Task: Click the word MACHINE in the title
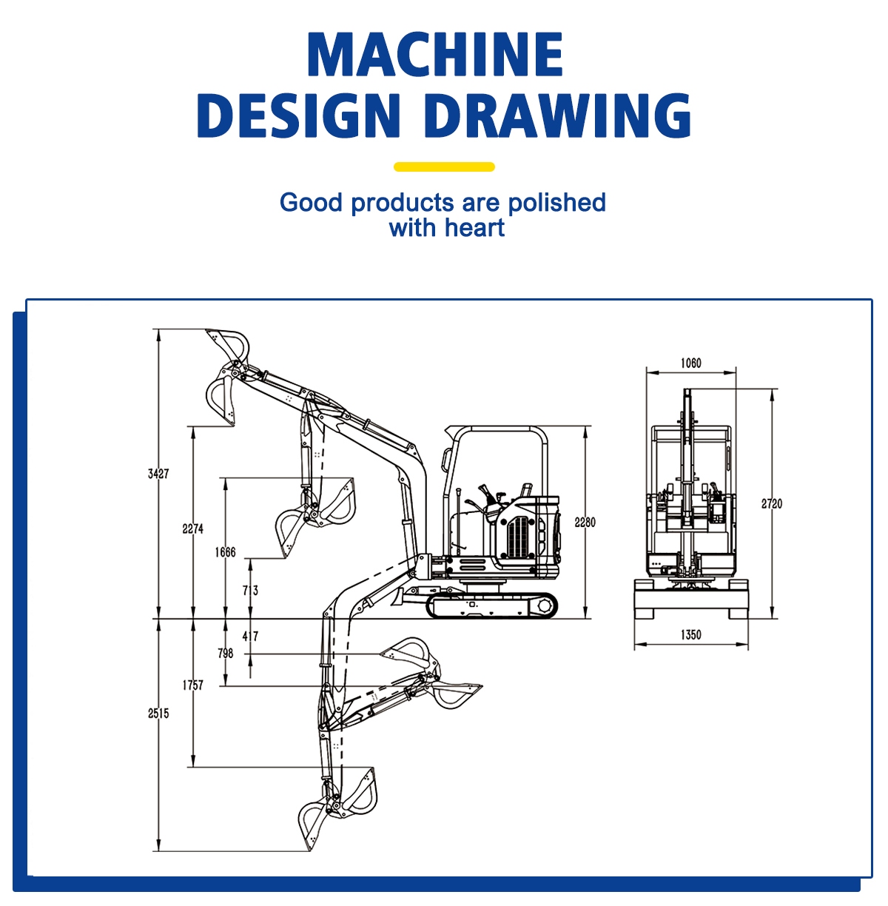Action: pyautogui.click(x=435, y=54)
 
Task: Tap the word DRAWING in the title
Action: pyautogui.click(x=559, y=115)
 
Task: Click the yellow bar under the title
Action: pyautogui.click(x=444, y=167)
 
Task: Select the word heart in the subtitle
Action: pyautogui.click(x=474, y=228)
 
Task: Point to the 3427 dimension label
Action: pyautogui.click(x=158, y=474)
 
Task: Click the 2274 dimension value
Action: pyautogui.click(x=192, y=529)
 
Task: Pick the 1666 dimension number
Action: pyautogui.click(x=225, y=552)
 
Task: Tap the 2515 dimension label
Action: pyautogui.click(x=158, y=714)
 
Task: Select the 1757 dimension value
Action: pyautogui.click(x=192, y=685)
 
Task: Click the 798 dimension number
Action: pyautogui.click(x=225, y=653)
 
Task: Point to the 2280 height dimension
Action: pyautogui.click(x=585, y=522)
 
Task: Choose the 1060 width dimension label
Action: pyautogui.click(x=690, y=363)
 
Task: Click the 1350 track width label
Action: pyautogui.click(x=690, y=634)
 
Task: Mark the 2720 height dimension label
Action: pyautogui.click(x=771, y=503)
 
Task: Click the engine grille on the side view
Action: pyautogui.click(x=521, y=537)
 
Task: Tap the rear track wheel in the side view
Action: pyautogui.click(x=545, y=605)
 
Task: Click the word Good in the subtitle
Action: pyautogui.click(x=311, y=203)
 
